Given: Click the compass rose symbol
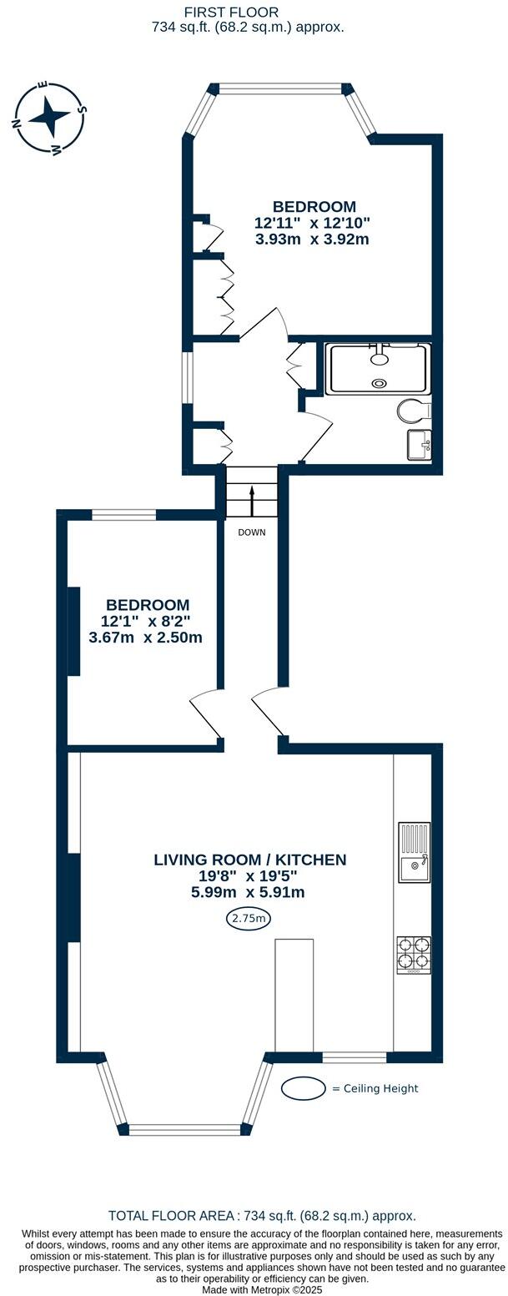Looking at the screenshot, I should tap(49, 118).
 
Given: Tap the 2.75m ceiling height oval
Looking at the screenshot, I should tap(248, 919).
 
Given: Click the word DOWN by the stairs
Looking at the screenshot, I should tap(251, 532).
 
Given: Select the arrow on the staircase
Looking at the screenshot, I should tap(251, 502).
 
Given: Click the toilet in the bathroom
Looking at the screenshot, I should tap(414, 411).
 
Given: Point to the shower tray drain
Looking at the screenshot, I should tap(380, 384).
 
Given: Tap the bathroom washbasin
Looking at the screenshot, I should tap(419, 444).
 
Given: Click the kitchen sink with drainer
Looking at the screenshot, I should tap(414, 852).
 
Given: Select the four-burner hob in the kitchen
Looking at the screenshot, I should tap(414, 955).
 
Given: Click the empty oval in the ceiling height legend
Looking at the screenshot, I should tap(303, 1088).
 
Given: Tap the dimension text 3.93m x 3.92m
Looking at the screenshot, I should tap(312, 240).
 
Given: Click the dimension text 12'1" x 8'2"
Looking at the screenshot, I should tap(145, 621).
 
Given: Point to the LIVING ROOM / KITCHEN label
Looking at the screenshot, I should tap(249, 860).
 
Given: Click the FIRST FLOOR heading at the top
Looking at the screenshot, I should tap(231, 12).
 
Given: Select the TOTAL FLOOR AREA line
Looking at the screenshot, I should tap(262, 1216).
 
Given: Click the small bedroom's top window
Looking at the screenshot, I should tap(123, 515).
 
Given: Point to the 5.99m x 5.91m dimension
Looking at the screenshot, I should tap(247, 892).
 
